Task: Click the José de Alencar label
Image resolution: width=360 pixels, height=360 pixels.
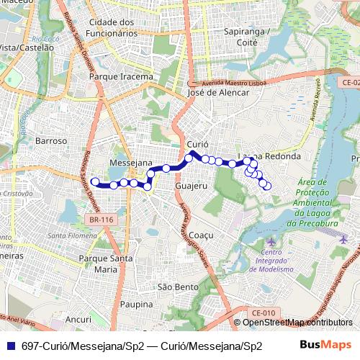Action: [217, 92]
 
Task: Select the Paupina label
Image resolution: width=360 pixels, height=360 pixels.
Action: [138, 305]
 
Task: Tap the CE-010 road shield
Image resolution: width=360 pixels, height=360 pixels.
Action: [264, 312]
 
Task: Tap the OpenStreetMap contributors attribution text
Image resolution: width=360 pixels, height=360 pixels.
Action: [297, 323]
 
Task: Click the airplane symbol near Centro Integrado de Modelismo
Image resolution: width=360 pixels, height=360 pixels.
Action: [271, 240]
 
